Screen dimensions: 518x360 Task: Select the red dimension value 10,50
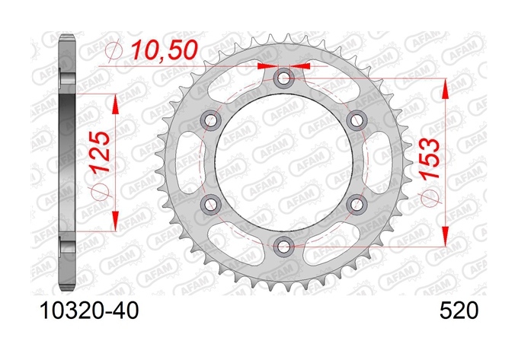click(165, 50)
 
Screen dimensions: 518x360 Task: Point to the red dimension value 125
click(101, 151)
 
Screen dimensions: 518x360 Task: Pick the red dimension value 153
click(430, 158)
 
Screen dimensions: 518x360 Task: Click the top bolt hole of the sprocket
click(283, 78)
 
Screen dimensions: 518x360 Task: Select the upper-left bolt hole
click(211, 120)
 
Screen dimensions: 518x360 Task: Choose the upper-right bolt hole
click(357, 120)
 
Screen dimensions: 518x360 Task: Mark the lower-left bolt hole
click(211, 204)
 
